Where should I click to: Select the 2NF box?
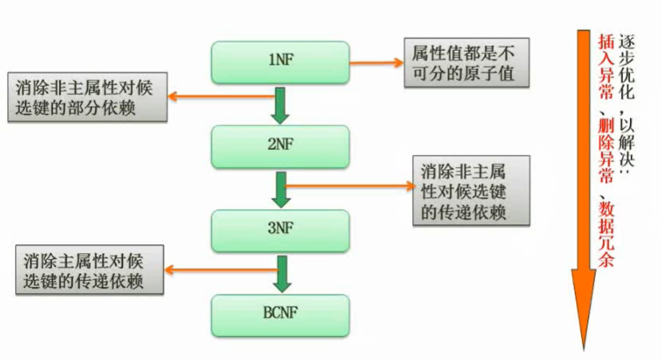point(279,145)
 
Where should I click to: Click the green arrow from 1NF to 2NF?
point(279,105)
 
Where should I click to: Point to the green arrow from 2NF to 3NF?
point(279,189)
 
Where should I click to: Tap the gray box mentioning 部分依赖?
point(87,97)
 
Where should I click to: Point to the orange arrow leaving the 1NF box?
point(376,61)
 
